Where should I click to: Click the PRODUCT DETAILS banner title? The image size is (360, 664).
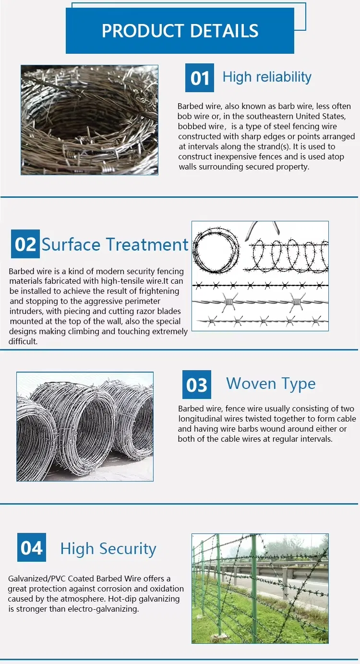pos(180,31)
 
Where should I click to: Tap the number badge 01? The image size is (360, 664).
pos(200,78)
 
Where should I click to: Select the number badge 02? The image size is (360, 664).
pos(25,244)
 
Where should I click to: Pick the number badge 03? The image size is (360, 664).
pos(196,385)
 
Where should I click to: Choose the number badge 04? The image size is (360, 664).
pos(32,547)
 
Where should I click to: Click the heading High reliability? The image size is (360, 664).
pos(267,77)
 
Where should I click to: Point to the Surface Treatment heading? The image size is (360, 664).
pos(115,244)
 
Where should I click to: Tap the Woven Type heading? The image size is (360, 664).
pos(271,384)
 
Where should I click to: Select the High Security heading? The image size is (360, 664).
pos(108,549)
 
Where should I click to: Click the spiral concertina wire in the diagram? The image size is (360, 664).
pos(288,254)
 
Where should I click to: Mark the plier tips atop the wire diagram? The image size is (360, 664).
pos(262,230)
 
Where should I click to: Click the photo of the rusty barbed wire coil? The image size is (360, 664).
pos(89,120)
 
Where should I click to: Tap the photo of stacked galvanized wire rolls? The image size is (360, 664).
pos(85,426)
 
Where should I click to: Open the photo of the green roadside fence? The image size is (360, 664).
pos(260,588)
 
